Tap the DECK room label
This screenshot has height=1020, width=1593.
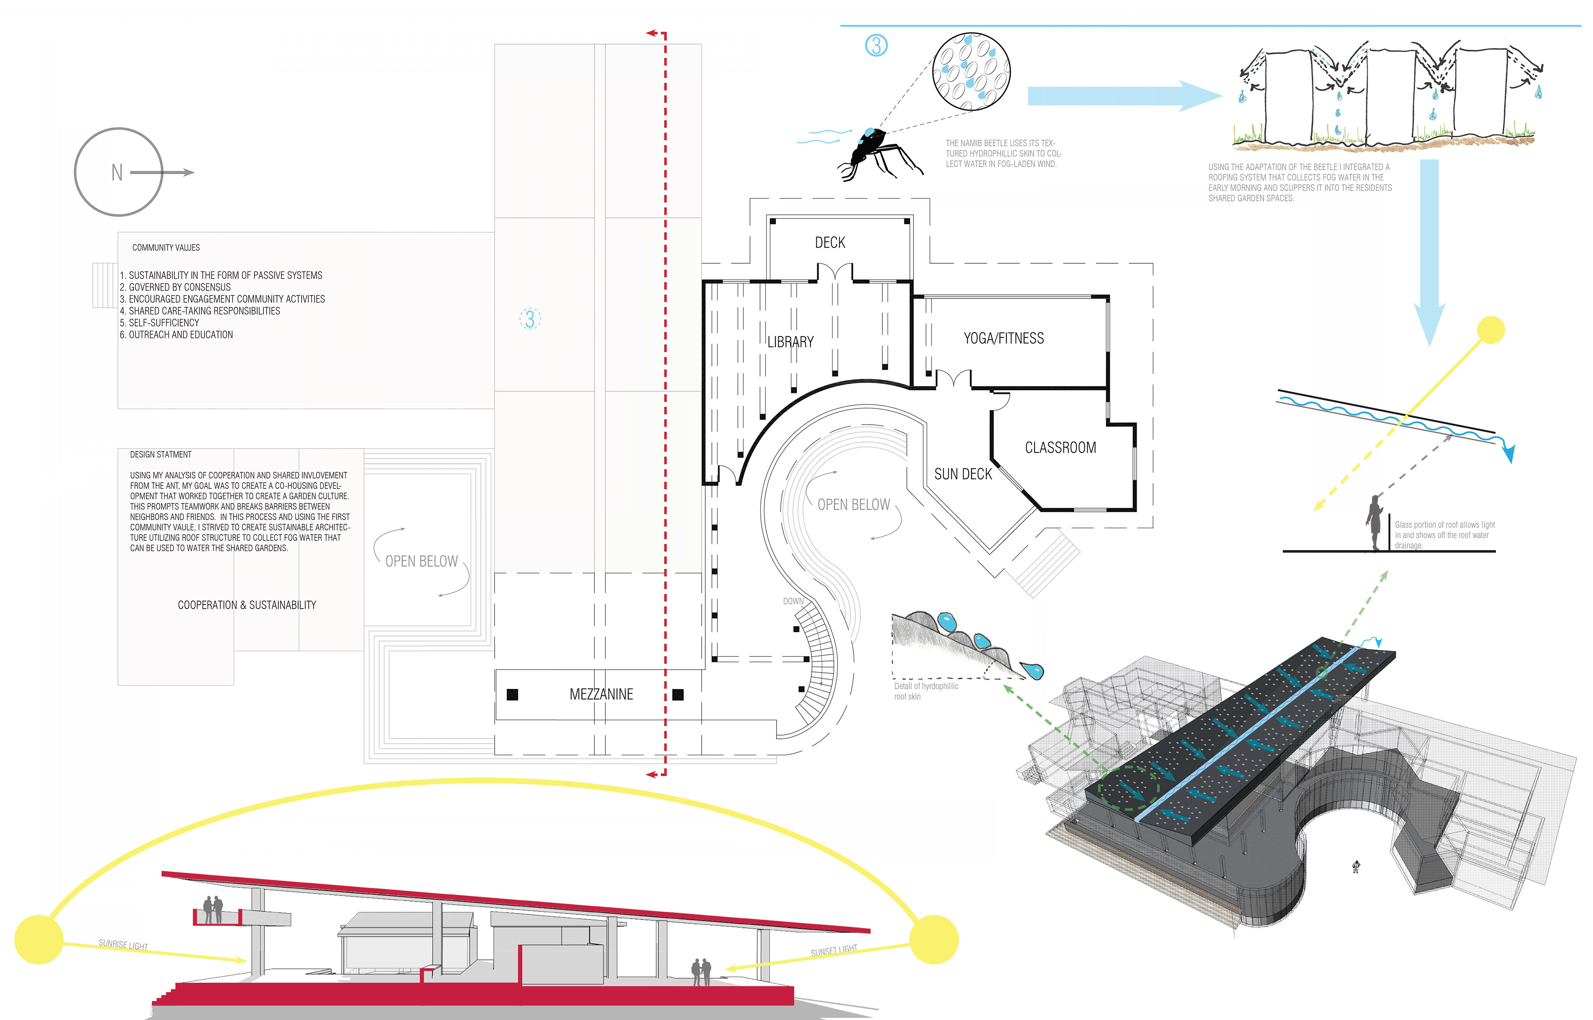click(830, 243)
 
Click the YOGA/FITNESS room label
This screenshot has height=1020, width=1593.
click(1003, 338)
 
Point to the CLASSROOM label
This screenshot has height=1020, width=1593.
click(1060, 448)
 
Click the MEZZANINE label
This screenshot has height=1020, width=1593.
click(601, 694)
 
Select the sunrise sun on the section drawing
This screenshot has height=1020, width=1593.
click(39, 939)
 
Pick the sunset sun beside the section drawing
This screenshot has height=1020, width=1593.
click(934, 939)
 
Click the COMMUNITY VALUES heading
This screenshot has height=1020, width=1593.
click(166, 248)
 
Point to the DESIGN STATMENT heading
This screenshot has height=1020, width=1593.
click(161, 455)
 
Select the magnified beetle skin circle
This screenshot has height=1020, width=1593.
click(971, 72)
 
